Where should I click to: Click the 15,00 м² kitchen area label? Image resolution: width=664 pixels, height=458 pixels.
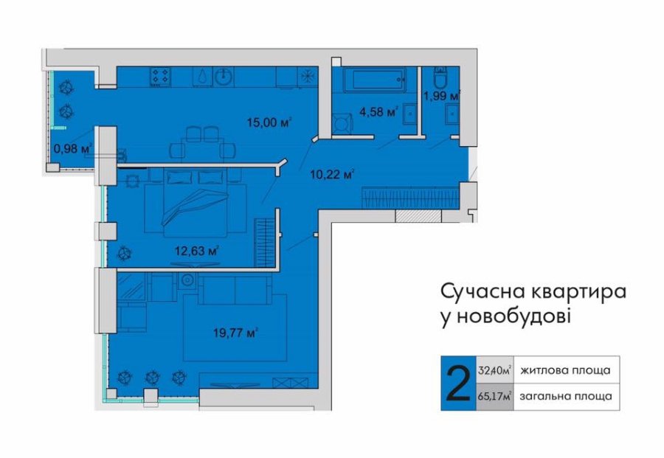click(270, 122)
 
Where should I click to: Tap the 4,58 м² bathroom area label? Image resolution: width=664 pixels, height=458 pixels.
click(378, 112)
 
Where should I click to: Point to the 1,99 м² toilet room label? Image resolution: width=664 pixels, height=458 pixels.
click(442, 96)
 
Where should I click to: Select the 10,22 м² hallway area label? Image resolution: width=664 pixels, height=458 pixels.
click(332, 174)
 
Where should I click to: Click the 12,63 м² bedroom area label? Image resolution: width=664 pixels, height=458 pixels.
click(196, 251)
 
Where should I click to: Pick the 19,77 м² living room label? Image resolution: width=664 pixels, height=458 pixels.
click(236, 333)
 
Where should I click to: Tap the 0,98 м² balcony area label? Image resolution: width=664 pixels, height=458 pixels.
click(73, 148)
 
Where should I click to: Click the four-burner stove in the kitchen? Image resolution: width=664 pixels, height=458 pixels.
click(161, 76)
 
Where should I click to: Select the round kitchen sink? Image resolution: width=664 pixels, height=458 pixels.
click(222, 77)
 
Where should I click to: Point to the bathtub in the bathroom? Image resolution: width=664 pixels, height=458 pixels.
click(374, 79)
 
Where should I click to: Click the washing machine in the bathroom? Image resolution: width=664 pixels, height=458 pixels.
click(342, 124)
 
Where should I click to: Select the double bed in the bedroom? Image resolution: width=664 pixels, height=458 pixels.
click(196, 203)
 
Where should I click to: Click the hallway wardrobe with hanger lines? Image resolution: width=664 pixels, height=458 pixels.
click(410, 198)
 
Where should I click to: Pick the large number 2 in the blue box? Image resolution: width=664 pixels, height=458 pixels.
click(458, 384)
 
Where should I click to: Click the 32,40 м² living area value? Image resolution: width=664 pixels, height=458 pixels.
click(494, 370)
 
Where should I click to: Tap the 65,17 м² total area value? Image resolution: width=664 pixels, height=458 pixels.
click(494, 397)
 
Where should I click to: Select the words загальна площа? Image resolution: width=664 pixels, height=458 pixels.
click(566, 397)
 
